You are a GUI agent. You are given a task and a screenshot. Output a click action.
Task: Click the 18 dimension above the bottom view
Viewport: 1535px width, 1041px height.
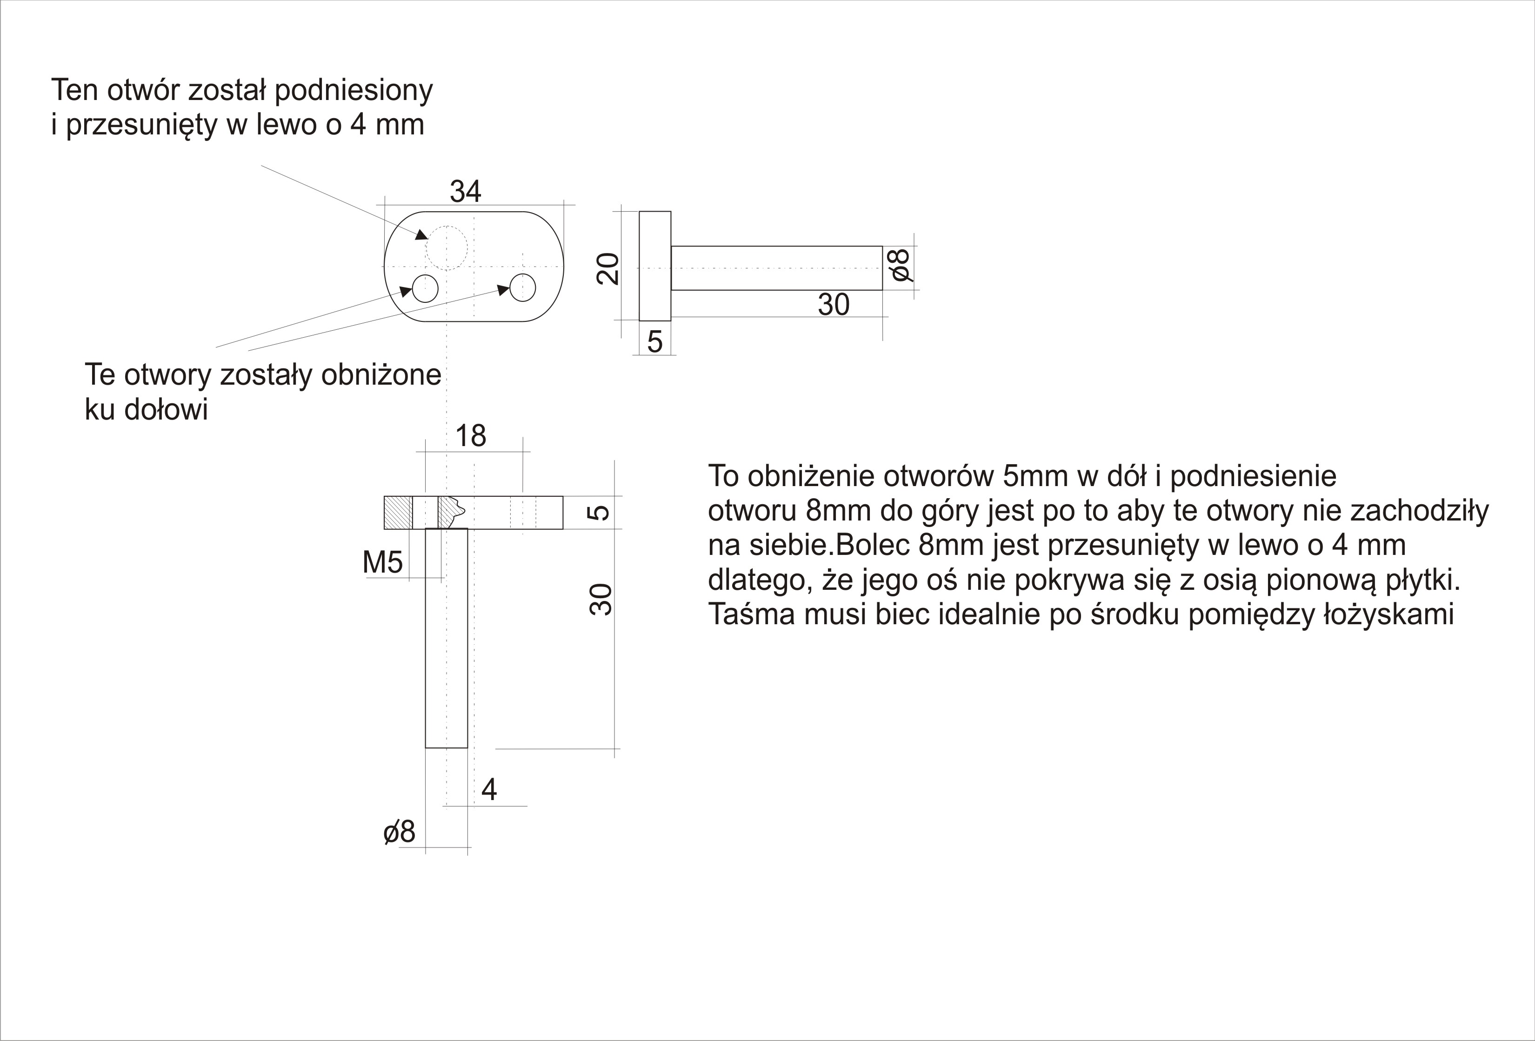[x=471, y=436]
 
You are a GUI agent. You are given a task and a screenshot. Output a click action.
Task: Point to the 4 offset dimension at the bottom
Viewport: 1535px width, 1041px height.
[x=489, y=789]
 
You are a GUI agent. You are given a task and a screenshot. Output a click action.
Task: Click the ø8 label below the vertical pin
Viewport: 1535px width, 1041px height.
[x=399, y=832]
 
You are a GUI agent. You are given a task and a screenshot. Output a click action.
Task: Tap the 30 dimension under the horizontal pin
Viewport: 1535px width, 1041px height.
[x=834, y=305]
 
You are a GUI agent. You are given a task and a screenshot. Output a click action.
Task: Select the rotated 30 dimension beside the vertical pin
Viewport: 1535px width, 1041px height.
[x=601, y=600]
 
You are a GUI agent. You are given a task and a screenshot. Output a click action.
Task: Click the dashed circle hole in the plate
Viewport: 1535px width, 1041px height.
[x=447, y=248]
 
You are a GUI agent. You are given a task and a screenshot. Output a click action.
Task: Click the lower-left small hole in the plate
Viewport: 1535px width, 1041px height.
[x=425, y=289]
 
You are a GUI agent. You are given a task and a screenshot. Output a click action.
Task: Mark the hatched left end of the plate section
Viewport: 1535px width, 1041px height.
[x=398, y=513]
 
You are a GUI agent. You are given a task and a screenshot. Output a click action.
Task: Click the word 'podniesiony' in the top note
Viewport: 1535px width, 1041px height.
[x=354, y=91]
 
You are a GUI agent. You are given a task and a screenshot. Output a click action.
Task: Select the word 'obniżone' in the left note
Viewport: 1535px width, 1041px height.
[x=381, y=375]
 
